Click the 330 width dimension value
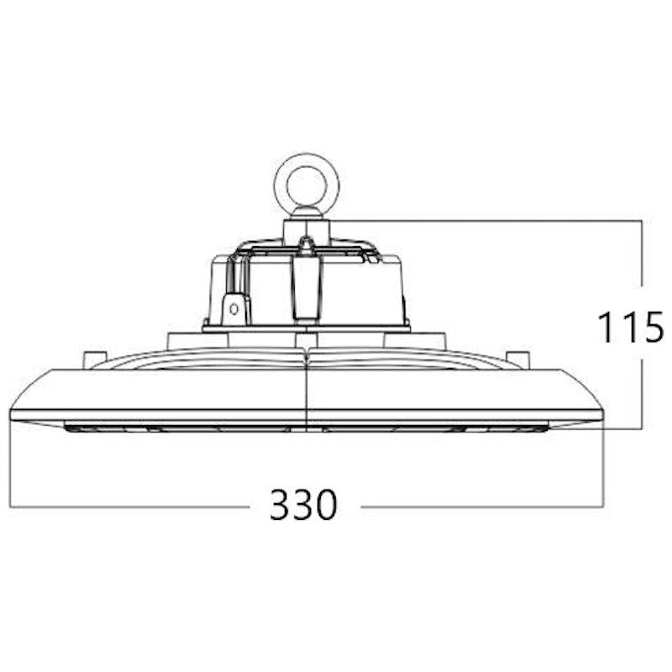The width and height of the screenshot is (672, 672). (303, 505)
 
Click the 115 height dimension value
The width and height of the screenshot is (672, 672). (631, 328)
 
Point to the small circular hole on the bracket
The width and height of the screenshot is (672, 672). (234, 308)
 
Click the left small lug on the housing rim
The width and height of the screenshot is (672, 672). (95, 360)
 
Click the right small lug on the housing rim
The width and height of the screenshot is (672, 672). (517, 360)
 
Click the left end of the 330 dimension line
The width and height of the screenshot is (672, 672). (10, 507)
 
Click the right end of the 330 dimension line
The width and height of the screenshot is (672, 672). (603, 507)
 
